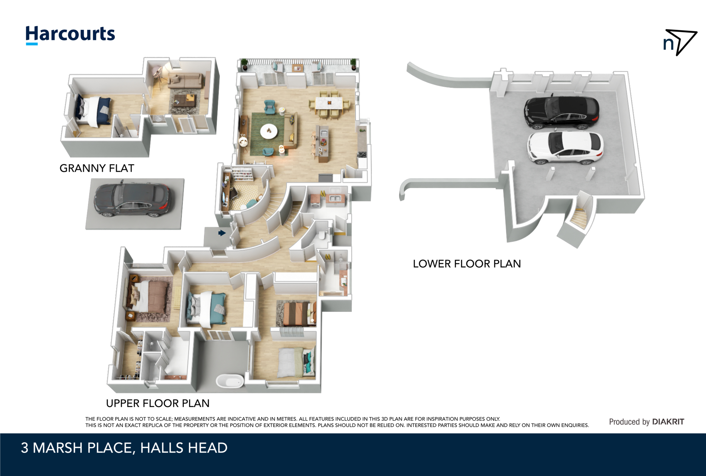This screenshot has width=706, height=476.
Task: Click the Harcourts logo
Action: [70, 35]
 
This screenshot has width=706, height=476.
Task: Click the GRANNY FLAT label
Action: [97, 168]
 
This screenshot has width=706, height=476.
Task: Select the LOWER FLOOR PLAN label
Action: [467, 264]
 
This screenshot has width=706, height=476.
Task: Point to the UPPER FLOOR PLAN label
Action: [158, 403]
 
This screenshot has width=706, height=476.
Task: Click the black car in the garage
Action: [562, 112]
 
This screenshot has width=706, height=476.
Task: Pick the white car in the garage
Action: [565, 147]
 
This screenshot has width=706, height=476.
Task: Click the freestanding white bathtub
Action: [230, 381]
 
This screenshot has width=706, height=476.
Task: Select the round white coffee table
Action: [269, 131]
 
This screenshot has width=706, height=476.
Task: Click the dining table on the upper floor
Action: [329, 103]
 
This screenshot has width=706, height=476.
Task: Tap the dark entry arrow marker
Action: [222, 233]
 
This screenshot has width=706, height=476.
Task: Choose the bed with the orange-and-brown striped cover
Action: [297, 314]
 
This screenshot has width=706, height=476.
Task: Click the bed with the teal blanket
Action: [206, 309]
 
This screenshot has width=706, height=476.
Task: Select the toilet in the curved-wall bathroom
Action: [322, 236]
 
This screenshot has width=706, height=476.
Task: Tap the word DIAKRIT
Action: [668, 422]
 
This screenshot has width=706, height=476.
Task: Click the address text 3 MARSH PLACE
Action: [76, 448]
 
